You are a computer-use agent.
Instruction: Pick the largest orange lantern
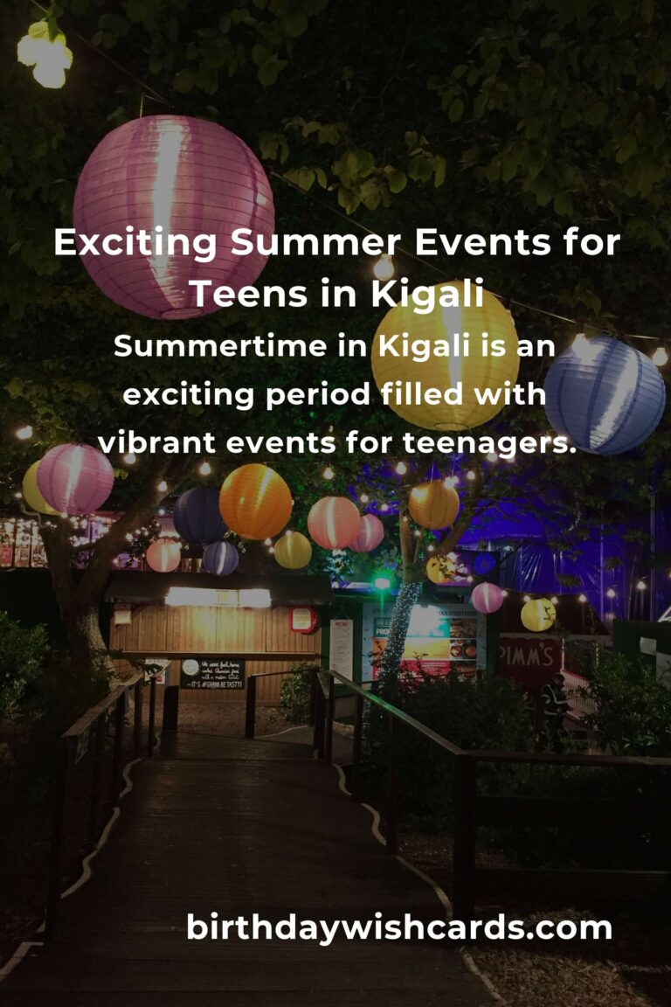coord(255,501)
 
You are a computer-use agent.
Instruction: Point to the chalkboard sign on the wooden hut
coord(212,674)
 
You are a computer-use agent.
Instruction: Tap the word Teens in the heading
coord(246,294)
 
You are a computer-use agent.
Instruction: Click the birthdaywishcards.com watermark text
coord(398,927)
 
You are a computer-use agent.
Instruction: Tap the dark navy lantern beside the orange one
coord(200,516)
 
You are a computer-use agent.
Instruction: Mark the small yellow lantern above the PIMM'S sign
coord(537,615)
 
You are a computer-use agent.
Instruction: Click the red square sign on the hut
coord(303,619)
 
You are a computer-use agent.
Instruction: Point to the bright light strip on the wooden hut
coord(218,597)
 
